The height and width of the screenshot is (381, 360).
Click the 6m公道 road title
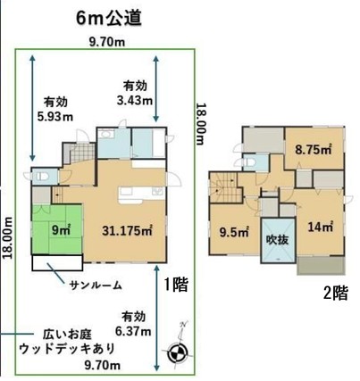(x=109, y=18)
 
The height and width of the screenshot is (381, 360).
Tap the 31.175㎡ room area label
(x=127, y=230)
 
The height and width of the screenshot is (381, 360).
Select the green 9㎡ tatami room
(x=57, y=229)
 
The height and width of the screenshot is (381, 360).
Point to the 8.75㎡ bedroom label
(x=314, y=149)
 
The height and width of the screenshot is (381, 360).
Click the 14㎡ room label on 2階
(x=320, y=228)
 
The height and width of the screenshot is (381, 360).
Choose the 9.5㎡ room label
(x=234, y=232)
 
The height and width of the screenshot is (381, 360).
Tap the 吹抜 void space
(x=278, y=240)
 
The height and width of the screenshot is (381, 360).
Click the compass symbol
(x=176, y=352)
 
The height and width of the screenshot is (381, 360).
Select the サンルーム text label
(x=96, y=286)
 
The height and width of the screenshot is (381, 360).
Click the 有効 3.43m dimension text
(x=135, y=94)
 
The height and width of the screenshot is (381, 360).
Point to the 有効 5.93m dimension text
(x=55, y=110)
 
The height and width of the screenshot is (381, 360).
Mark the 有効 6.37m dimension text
(x=133, y=324)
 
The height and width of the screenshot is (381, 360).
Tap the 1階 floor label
(x=177, y=285)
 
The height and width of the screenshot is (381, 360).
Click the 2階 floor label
(x=336, y=294)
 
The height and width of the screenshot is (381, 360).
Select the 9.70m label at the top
(x=107, y=43)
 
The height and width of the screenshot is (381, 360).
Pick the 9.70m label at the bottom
(x=103, y=365)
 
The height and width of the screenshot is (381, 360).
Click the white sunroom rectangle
(x=57, y=262)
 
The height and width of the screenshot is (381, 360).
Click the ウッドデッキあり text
(x=67, y=349)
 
